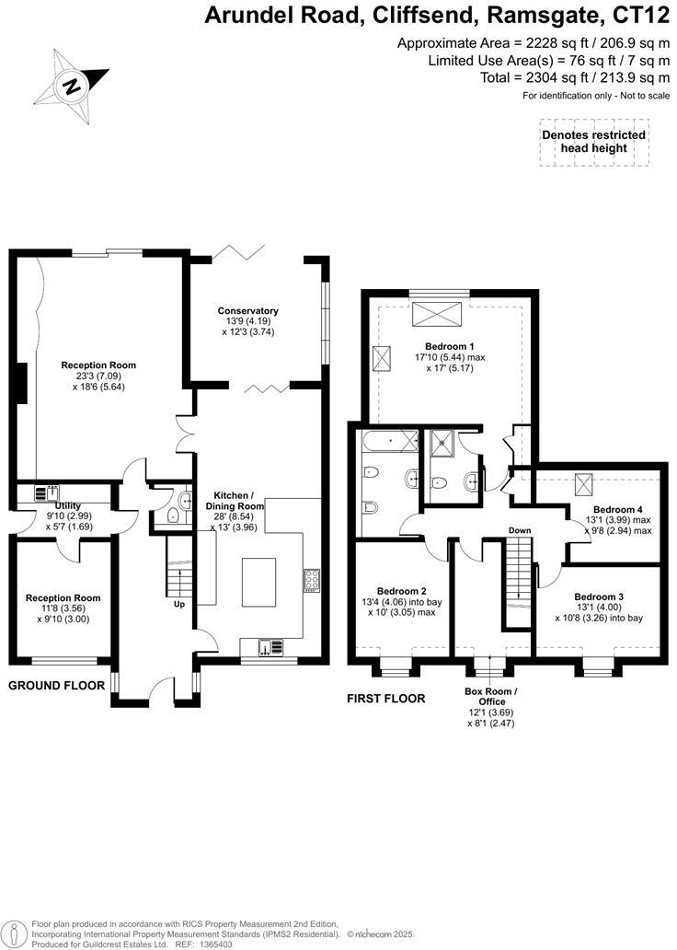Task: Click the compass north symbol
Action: pyautogui.click(x=71, y=87)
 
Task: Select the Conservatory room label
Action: pyautogui.click(x=247, y=311)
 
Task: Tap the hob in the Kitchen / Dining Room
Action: pyautogui.click(x=311, y=581)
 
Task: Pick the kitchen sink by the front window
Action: pyautogui.click(x=269, y=647)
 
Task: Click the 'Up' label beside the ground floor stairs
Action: pyautogui.click(x=180, y=605)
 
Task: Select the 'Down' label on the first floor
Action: pyautogui.click(x=521, y=530)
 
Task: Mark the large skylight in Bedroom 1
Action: pyautogui.click(x=438, y=312)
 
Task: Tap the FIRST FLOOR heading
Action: pyautogui.click(x=385, y=699)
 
